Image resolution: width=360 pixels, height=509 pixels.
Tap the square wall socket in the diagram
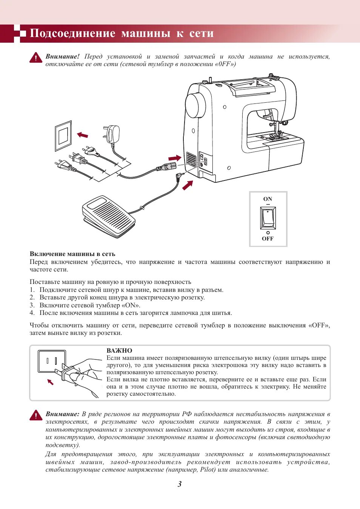pyautogui.click(x=63, y=136)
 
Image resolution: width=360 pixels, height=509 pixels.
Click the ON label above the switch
pyautogui.click(x=268, y=199)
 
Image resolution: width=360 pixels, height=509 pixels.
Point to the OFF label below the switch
pyautogui.click(x=268, y=239)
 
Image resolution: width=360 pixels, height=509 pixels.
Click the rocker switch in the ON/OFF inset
pyautogui.click(x=268, y=218)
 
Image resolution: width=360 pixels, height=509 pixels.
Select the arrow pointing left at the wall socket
pyautogui.click(x=82, y=135)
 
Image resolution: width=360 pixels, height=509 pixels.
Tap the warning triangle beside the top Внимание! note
pyautogui.click(x=36, y=57)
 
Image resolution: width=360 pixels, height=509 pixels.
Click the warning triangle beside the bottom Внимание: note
pyautogui.click(x=36, y=415)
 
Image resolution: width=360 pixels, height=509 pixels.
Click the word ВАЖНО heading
pyautogui.click(x=119, y=350)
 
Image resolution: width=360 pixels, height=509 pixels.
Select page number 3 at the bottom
pyautogui.click(x=180, y=484)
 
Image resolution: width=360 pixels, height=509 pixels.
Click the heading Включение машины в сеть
pyautogui.click(x=72, y=254)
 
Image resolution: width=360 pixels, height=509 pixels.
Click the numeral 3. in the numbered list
pyautogui.click(x=32, y=305)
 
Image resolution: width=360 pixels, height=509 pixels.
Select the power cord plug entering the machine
pyautogui.click(x=166, y=167)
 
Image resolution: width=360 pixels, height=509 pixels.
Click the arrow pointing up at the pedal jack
pyautogui.click(x=188, y=185)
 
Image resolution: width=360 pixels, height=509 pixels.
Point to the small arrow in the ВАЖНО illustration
pyautogui.click(x=50, y=382)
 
